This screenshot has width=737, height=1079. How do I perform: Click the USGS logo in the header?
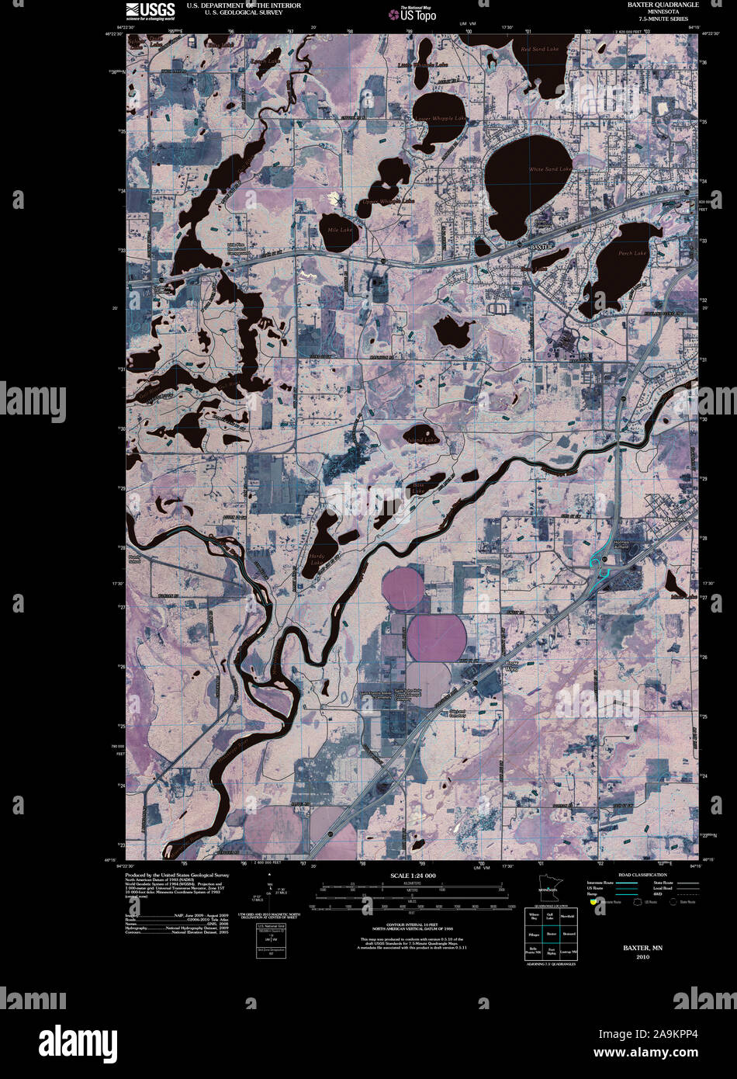[148, 10]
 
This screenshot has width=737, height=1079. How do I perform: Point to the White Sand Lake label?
[550, 168]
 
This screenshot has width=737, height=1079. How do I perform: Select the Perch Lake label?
[632, 253]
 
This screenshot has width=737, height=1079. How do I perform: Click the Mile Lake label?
[340, 231]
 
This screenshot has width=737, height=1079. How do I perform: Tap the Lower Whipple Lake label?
[440, 118]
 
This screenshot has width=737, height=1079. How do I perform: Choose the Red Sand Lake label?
[539, 49]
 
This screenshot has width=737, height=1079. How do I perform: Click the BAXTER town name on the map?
[540, 246]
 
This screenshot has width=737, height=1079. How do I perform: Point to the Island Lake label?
[422, 440]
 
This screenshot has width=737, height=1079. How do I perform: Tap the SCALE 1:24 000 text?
[413, 876]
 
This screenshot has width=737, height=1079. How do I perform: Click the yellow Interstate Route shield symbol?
[594, 902]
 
